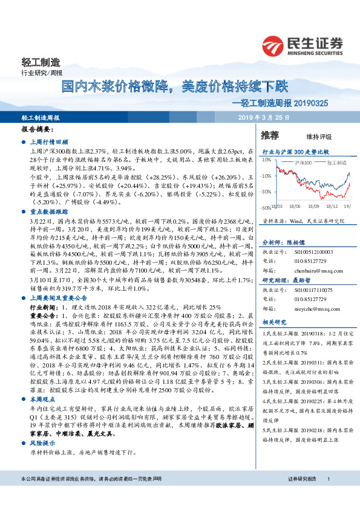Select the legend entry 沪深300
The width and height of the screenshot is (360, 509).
tap(303, 163)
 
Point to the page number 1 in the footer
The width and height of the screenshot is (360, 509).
tap(328, 496)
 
